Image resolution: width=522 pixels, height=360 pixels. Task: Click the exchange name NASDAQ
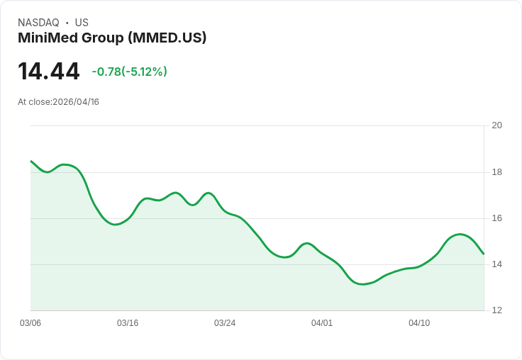tap(38, 23)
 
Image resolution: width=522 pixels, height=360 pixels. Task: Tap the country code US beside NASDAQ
tap(82, 23)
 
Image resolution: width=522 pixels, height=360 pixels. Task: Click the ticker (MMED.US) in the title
tap(167, 38)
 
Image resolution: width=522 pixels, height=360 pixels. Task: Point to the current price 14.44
tap(48, 72)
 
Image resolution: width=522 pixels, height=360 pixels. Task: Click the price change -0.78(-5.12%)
tap(129, 72)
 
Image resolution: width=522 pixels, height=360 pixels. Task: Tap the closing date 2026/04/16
tap(76, 102)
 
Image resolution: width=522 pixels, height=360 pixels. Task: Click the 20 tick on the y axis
tap(496, 125)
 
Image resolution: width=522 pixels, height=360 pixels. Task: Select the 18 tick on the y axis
tap(496, 172)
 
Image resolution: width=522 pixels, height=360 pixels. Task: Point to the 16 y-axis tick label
tap(496, 218)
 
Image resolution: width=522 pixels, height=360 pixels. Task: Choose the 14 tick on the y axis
tap(496, 264)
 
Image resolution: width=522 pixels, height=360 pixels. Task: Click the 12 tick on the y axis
tap(496, 310)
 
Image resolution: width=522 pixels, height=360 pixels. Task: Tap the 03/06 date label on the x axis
tap(30, 323)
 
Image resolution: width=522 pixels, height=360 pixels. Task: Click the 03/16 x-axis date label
tap(128, 323)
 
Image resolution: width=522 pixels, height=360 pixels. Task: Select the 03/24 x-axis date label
tap(225, 323)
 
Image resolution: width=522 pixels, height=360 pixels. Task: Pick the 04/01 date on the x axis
tap(322, 323)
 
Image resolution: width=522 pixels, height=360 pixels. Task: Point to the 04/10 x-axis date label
tap(419, 323)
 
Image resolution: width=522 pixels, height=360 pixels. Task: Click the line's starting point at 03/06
tap(31, 162)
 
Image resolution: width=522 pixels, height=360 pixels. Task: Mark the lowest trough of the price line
tap(362, 284)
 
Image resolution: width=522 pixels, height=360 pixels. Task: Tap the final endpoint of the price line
tap(483, 254)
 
